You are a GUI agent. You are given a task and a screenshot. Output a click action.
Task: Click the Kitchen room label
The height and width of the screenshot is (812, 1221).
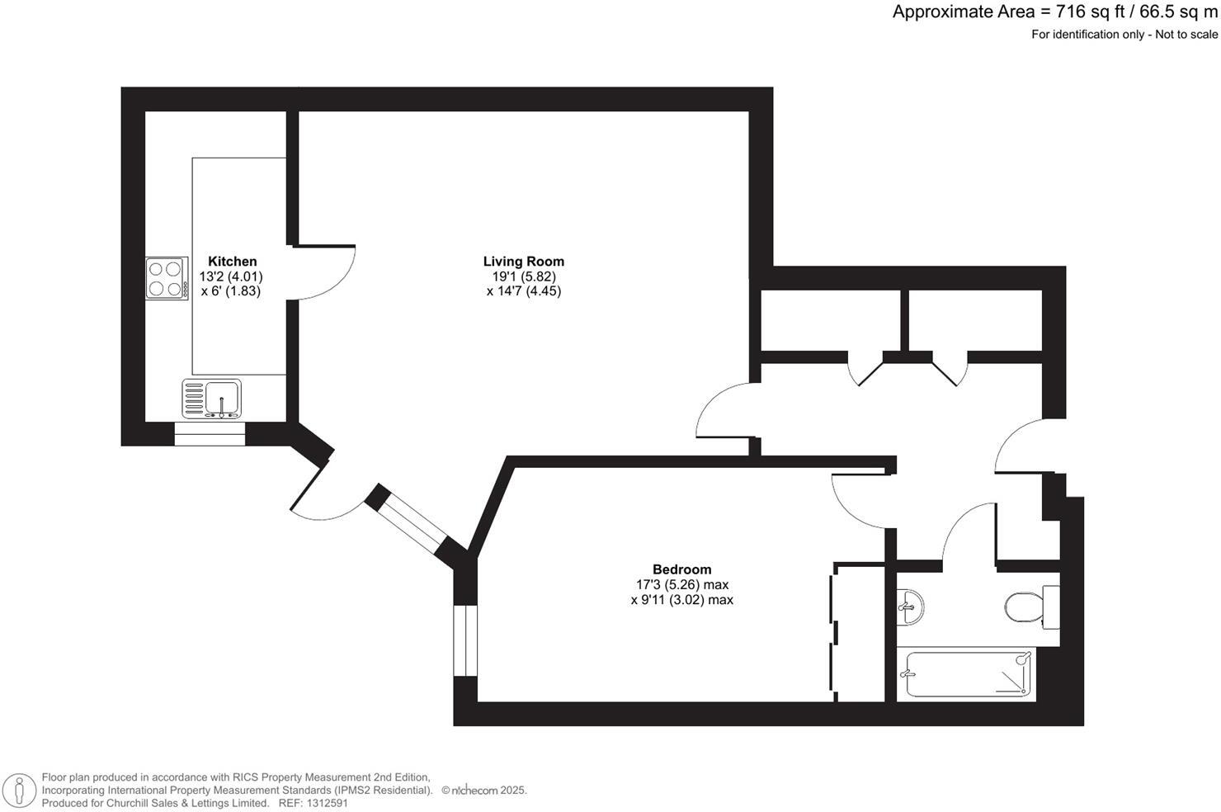(x=232, y=262)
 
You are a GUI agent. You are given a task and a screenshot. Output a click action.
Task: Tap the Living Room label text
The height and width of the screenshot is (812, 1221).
(x=524, y=262)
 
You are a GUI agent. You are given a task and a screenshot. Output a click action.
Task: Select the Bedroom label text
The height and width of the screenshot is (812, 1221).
(x=681, y=569)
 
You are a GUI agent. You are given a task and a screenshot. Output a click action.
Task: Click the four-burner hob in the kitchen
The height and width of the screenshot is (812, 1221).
(x=164, y=278)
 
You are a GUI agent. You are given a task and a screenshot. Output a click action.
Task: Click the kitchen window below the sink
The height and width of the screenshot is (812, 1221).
(x=210, y=434)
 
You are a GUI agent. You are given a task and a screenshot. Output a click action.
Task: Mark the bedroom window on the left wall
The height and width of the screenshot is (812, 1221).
(x=465, y=641)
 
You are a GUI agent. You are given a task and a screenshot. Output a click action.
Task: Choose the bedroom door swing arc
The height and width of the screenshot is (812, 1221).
(x=858, y=503)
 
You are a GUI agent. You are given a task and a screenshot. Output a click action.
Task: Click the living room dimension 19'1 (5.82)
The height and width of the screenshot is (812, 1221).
(x=524, y=276)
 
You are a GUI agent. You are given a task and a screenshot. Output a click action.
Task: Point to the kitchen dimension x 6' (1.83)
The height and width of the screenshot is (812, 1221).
(x=231, y=291)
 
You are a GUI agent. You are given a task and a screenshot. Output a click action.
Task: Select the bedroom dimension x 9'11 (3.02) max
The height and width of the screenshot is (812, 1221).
(x=681, y=600)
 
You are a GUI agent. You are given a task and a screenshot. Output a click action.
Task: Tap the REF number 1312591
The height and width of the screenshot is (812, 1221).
(x=326, y=803)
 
